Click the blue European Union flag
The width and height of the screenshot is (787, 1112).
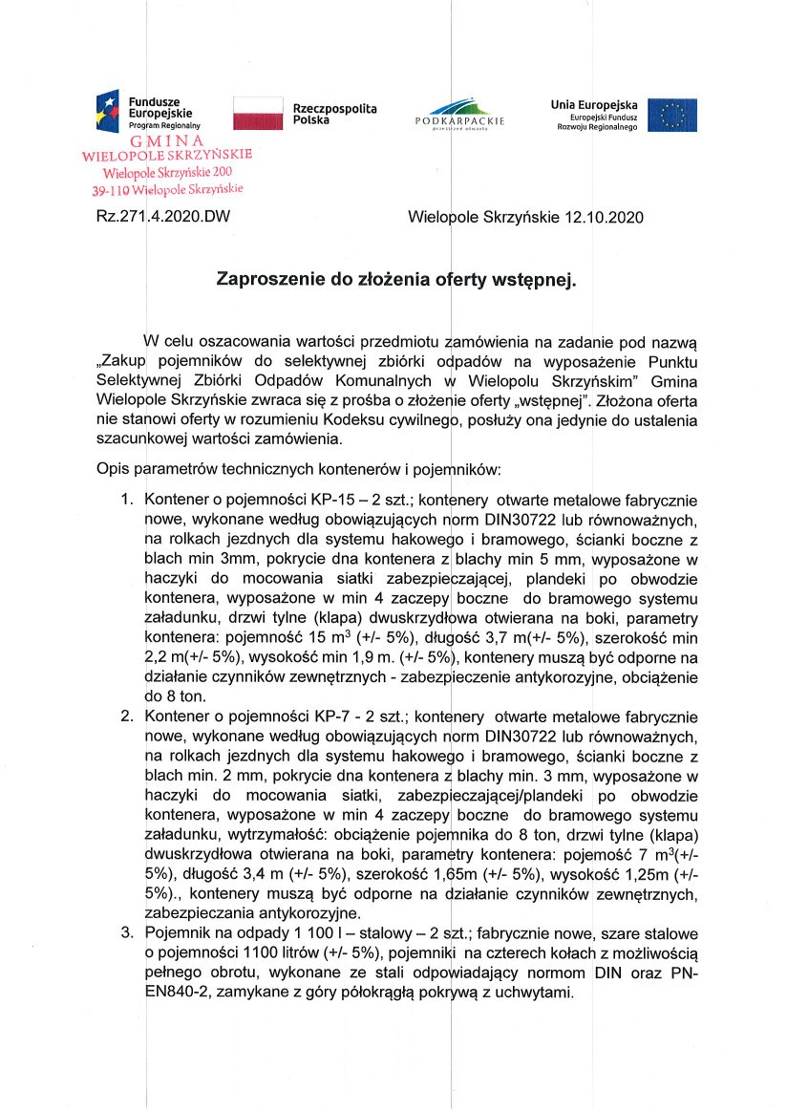click(x=672, y=114)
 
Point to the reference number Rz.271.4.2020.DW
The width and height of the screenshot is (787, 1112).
click(x=163, y=217)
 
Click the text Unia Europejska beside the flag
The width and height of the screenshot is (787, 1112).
click(x=594, y=104)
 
